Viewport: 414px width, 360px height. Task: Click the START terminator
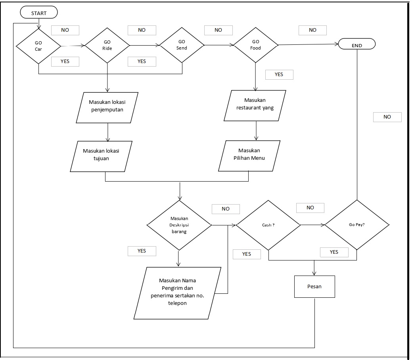click(x=39, y=13)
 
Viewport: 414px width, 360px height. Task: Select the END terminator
click(x=356, y=45)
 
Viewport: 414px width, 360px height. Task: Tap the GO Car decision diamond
click(x=38, y=46)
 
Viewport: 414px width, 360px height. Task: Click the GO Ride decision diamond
click(x=107, y=45)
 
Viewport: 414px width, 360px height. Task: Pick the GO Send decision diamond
click(x=182, y=45)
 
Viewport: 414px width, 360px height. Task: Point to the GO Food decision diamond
click(x=256, y=45)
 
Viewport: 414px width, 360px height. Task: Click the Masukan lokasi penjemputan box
click(x=107, y=106)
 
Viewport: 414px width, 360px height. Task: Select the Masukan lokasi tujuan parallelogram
click(x=101, y=155)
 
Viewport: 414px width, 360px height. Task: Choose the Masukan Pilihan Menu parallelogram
click(x=249, y=155)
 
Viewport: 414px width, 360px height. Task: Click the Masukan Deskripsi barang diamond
click(x=179, y=225)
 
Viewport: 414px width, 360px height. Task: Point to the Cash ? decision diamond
click(x=268, y=225)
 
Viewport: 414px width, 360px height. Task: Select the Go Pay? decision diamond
click(x=357, y=225)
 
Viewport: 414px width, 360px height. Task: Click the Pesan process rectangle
click(x=314, y=286)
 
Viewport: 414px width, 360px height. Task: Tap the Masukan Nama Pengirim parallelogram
click(x=177, y=292)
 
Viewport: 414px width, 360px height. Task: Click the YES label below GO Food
click(x=279, y=75)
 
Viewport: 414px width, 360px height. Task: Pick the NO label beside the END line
click(x=387, y=117)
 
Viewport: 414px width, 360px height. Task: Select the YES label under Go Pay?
click(x=334, y=252)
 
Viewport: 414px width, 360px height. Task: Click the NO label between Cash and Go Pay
click(x=310, y=208)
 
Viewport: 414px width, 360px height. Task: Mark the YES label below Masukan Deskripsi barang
click(x=142, y=251)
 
